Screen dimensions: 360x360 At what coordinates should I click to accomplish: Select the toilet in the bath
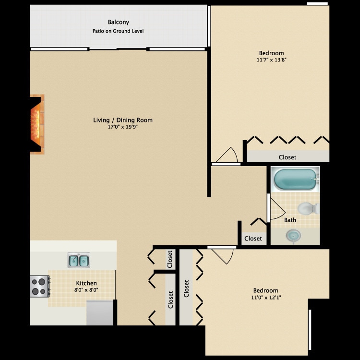(308, 208)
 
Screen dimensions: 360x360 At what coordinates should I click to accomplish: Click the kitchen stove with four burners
(39, 287)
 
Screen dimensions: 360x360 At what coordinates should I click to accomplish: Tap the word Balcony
(118, 22)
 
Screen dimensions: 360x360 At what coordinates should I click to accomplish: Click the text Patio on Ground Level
(118, 31)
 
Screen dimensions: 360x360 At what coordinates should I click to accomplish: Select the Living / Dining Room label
(123, 120)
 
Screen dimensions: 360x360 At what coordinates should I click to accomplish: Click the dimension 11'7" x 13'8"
(271, 60)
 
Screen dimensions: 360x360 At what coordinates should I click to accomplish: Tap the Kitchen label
(86, 283)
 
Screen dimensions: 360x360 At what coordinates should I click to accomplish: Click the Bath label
(290, 220)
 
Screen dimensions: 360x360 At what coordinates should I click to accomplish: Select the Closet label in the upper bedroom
(288, 157)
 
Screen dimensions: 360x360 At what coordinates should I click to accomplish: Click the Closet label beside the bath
(253, 239)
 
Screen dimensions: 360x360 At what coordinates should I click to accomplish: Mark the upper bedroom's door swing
(227, 155)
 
